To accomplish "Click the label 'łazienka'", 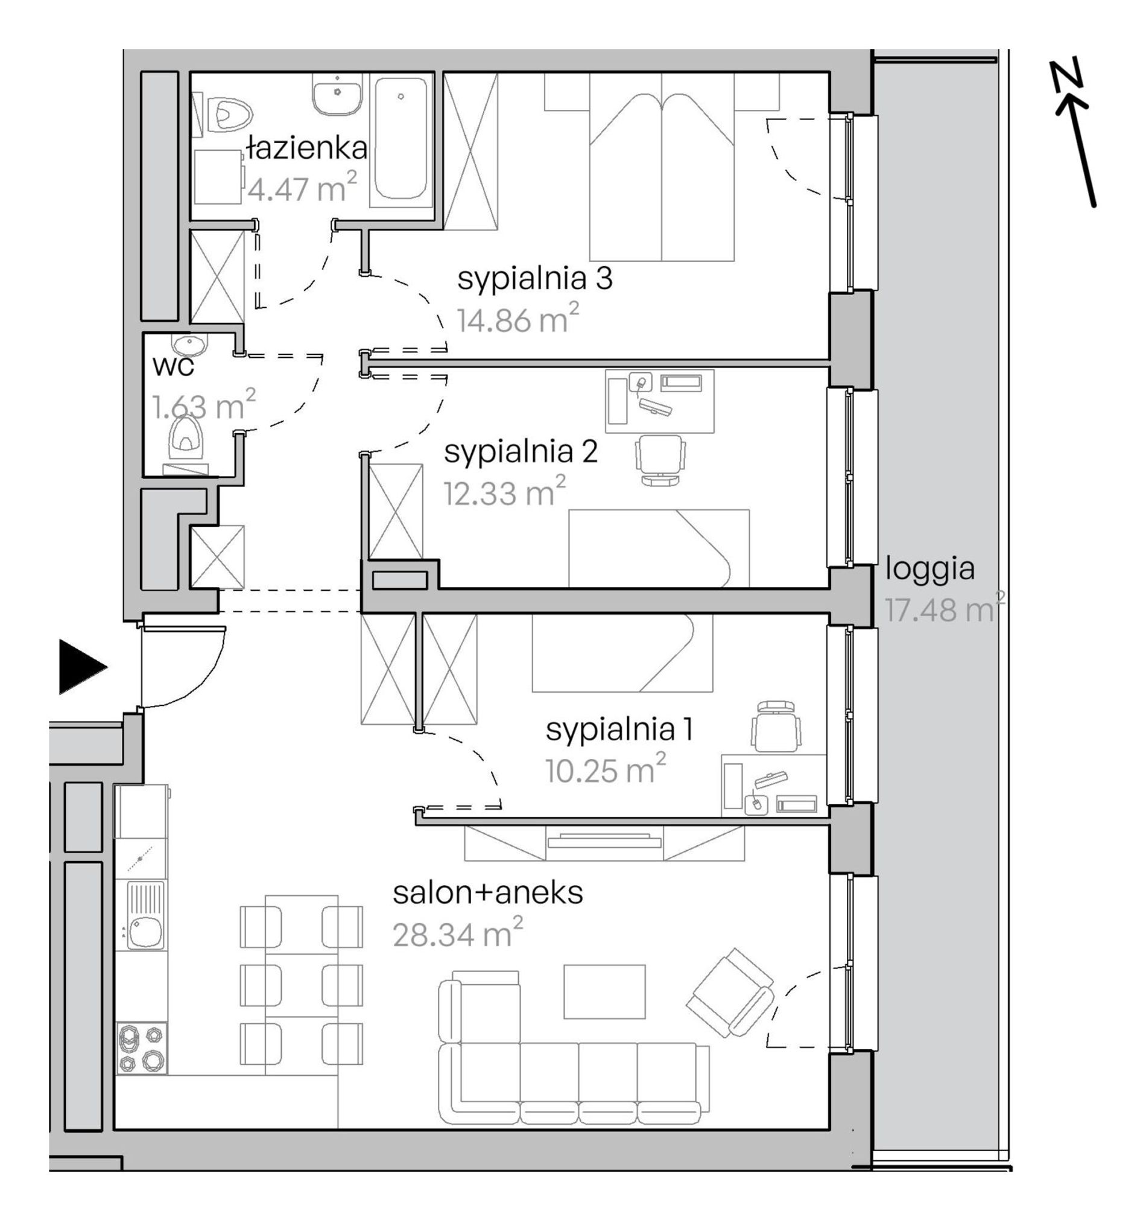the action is pos(307,148).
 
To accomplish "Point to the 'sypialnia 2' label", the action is pos(521,453).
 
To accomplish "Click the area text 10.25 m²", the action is pos(606,769).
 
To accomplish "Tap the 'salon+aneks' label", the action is pos(488,894).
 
